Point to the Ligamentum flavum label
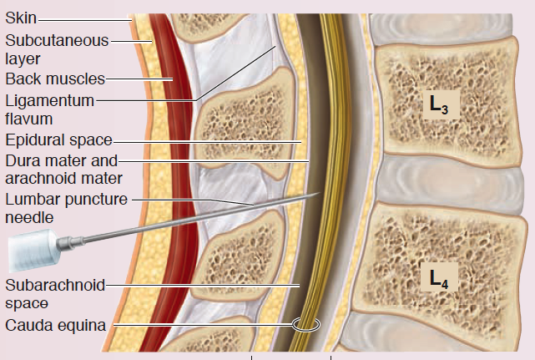[x=48, y=109]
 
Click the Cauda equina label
[x=55, y=326]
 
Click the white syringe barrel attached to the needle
[x=29, y=251]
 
